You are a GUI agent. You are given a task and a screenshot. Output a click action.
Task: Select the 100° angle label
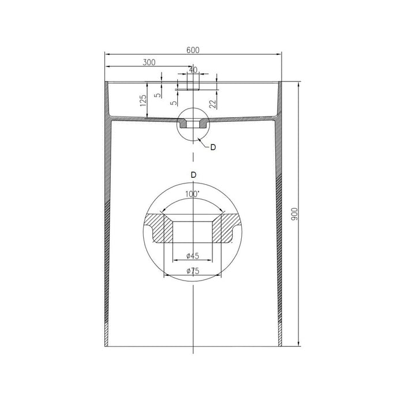point(192,196)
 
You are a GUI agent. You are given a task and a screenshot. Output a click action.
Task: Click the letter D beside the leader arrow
point(213,148)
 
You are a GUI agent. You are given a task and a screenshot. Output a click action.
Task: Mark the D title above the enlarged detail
point(193,174)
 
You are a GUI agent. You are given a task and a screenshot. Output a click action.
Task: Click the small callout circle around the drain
point(193,124)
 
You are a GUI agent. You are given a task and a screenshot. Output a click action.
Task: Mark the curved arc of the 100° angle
point(193,203)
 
